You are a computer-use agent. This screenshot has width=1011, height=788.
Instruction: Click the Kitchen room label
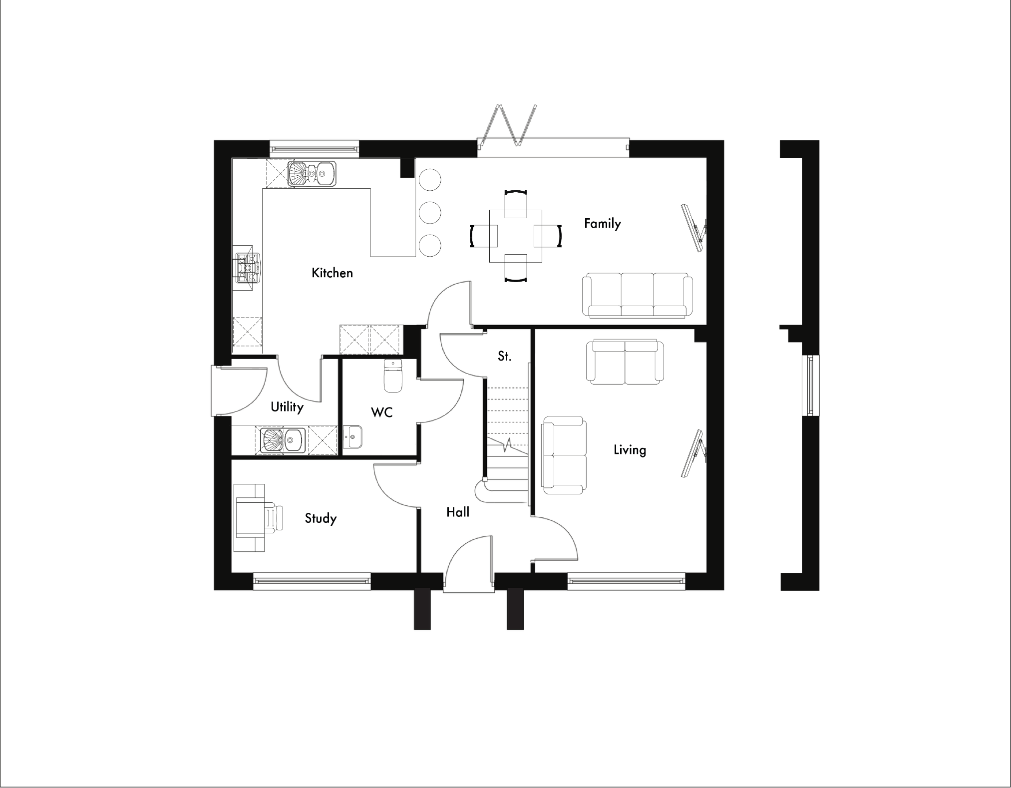[x=332, y=273]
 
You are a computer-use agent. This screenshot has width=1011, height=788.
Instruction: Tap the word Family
[x=602, y=223]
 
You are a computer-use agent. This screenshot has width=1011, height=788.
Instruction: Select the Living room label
[x=630, y=450]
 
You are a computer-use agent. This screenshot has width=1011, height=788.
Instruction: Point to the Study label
[x=321, y=518]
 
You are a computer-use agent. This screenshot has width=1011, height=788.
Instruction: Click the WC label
[x=381, y=412]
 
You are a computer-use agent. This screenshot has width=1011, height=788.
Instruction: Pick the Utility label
[x=287, y=407]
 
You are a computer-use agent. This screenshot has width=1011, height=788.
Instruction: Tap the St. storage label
[x=504, y=356]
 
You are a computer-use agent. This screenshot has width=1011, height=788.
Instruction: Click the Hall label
[x=457, y=512]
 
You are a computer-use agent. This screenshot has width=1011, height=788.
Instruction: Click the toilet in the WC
[x=392, y=376]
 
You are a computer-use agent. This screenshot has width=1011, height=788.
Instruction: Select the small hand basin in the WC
[x=353, y=437]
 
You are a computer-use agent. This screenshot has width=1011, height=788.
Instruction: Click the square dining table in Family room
[x=516, y=236]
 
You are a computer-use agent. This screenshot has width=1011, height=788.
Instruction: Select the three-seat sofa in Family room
[x=637, y=295]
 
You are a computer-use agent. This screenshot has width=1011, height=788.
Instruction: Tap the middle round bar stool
[x=430, y=213]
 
